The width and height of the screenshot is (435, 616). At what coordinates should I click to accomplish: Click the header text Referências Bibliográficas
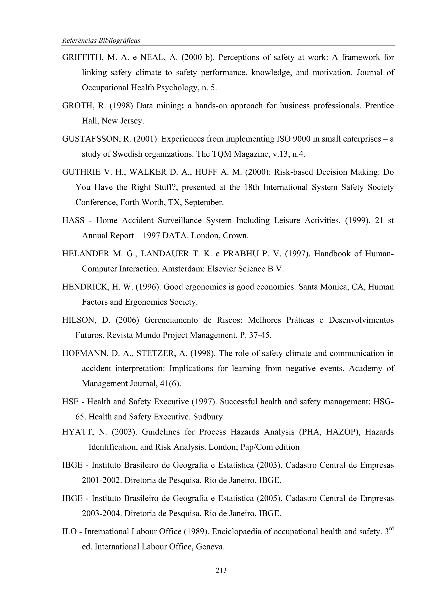coord(101,41)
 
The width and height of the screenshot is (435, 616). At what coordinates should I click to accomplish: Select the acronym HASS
coord(73,221)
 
